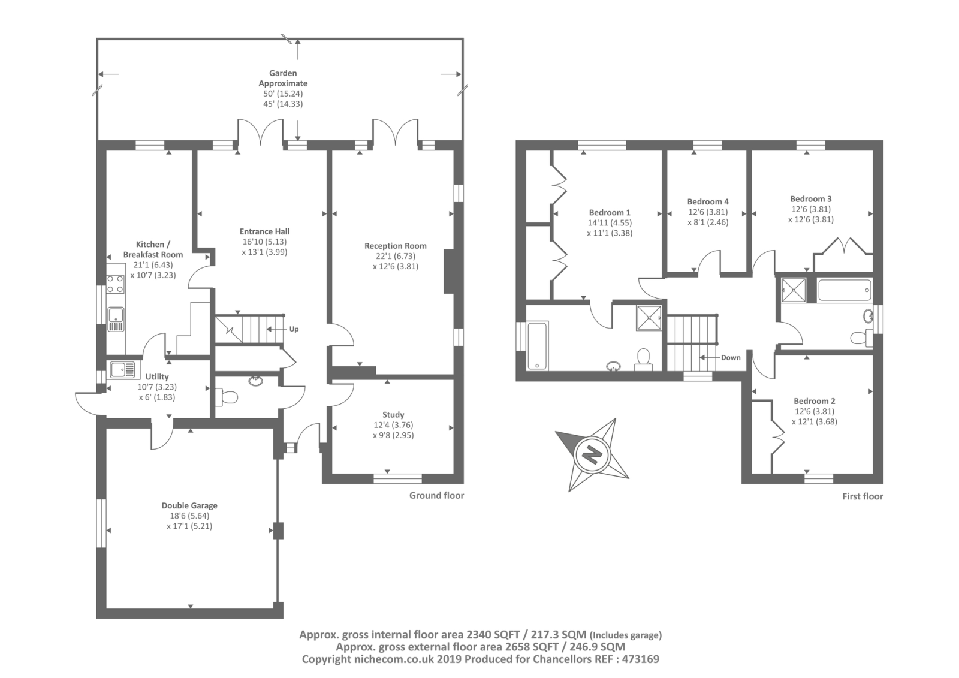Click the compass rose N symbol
592,454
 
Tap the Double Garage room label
189,505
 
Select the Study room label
393,415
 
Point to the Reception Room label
396,246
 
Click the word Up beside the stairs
294,329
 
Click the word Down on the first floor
731,358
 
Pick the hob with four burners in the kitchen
116,284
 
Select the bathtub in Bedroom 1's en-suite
537,346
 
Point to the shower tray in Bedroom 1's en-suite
649,318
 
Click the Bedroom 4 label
708,202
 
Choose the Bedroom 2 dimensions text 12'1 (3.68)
815,421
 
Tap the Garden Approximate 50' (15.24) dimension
283,94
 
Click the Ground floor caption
437,496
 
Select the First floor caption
863,496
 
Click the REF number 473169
640,659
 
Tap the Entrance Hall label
264,231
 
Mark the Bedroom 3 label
811,199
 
